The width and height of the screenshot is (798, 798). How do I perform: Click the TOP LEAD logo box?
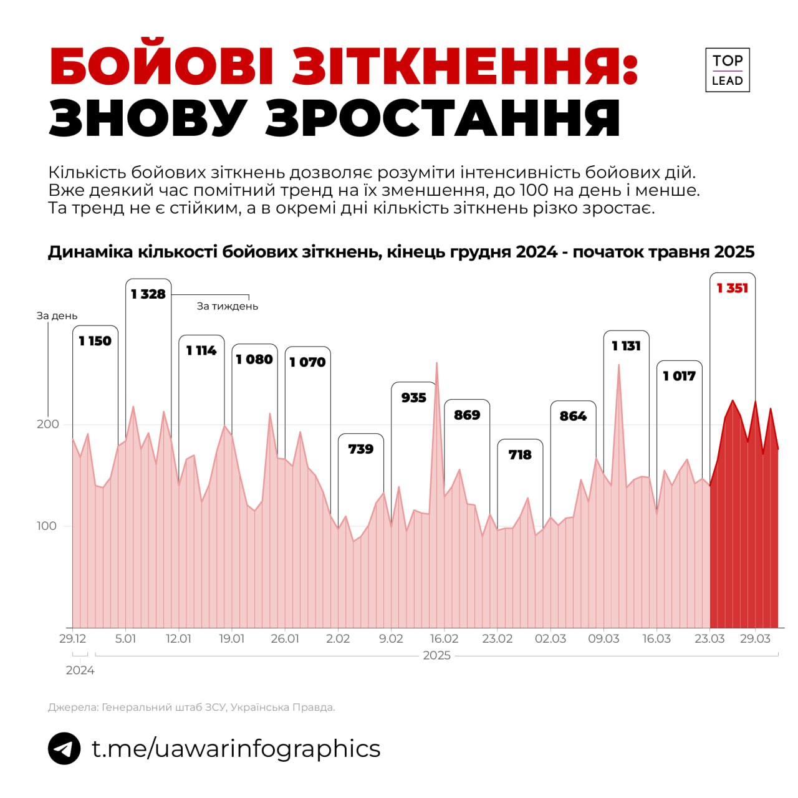(727, 70)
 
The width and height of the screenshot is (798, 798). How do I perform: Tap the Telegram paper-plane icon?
(64, 748)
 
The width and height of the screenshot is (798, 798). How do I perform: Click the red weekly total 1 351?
(732, 288)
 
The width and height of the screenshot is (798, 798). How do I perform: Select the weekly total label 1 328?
(148, 294)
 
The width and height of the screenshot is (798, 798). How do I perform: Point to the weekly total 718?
(520, 455)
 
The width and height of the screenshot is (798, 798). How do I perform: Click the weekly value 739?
(360, 449)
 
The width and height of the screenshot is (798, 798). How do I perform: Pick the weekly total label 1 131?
(626, 346)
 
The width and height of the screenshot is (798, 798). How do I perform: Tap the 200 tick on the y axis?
(47, 424)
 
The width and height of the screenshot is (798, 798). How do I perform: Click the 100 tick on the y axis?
(46, 526)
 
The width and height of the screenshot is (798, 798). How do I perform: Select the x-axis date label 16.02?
(444, 639)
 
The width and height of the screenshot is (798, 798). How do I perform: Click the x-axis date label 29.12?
(72, 639)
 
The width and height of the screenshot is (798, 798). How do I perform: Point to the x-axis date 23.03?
(709, 639)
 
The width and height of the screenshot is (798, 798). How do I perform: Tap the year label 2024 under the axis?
(80, 671)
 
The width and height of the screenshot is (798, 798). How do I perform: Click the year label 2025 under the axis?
(436, 656)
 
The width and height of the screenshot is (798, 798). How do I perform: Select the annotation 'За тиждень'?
(227, 306)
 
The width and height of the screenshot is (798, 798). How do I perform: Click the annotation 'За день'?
(57, 316)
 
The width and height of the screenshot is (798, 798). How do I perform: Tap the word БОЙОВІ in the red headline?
(162, 66)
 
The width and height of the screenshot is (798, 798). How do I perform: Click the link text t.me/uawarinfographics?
(236, 748)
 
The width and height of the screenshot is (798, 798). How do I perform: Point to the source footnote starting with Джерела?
(191, 708)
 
